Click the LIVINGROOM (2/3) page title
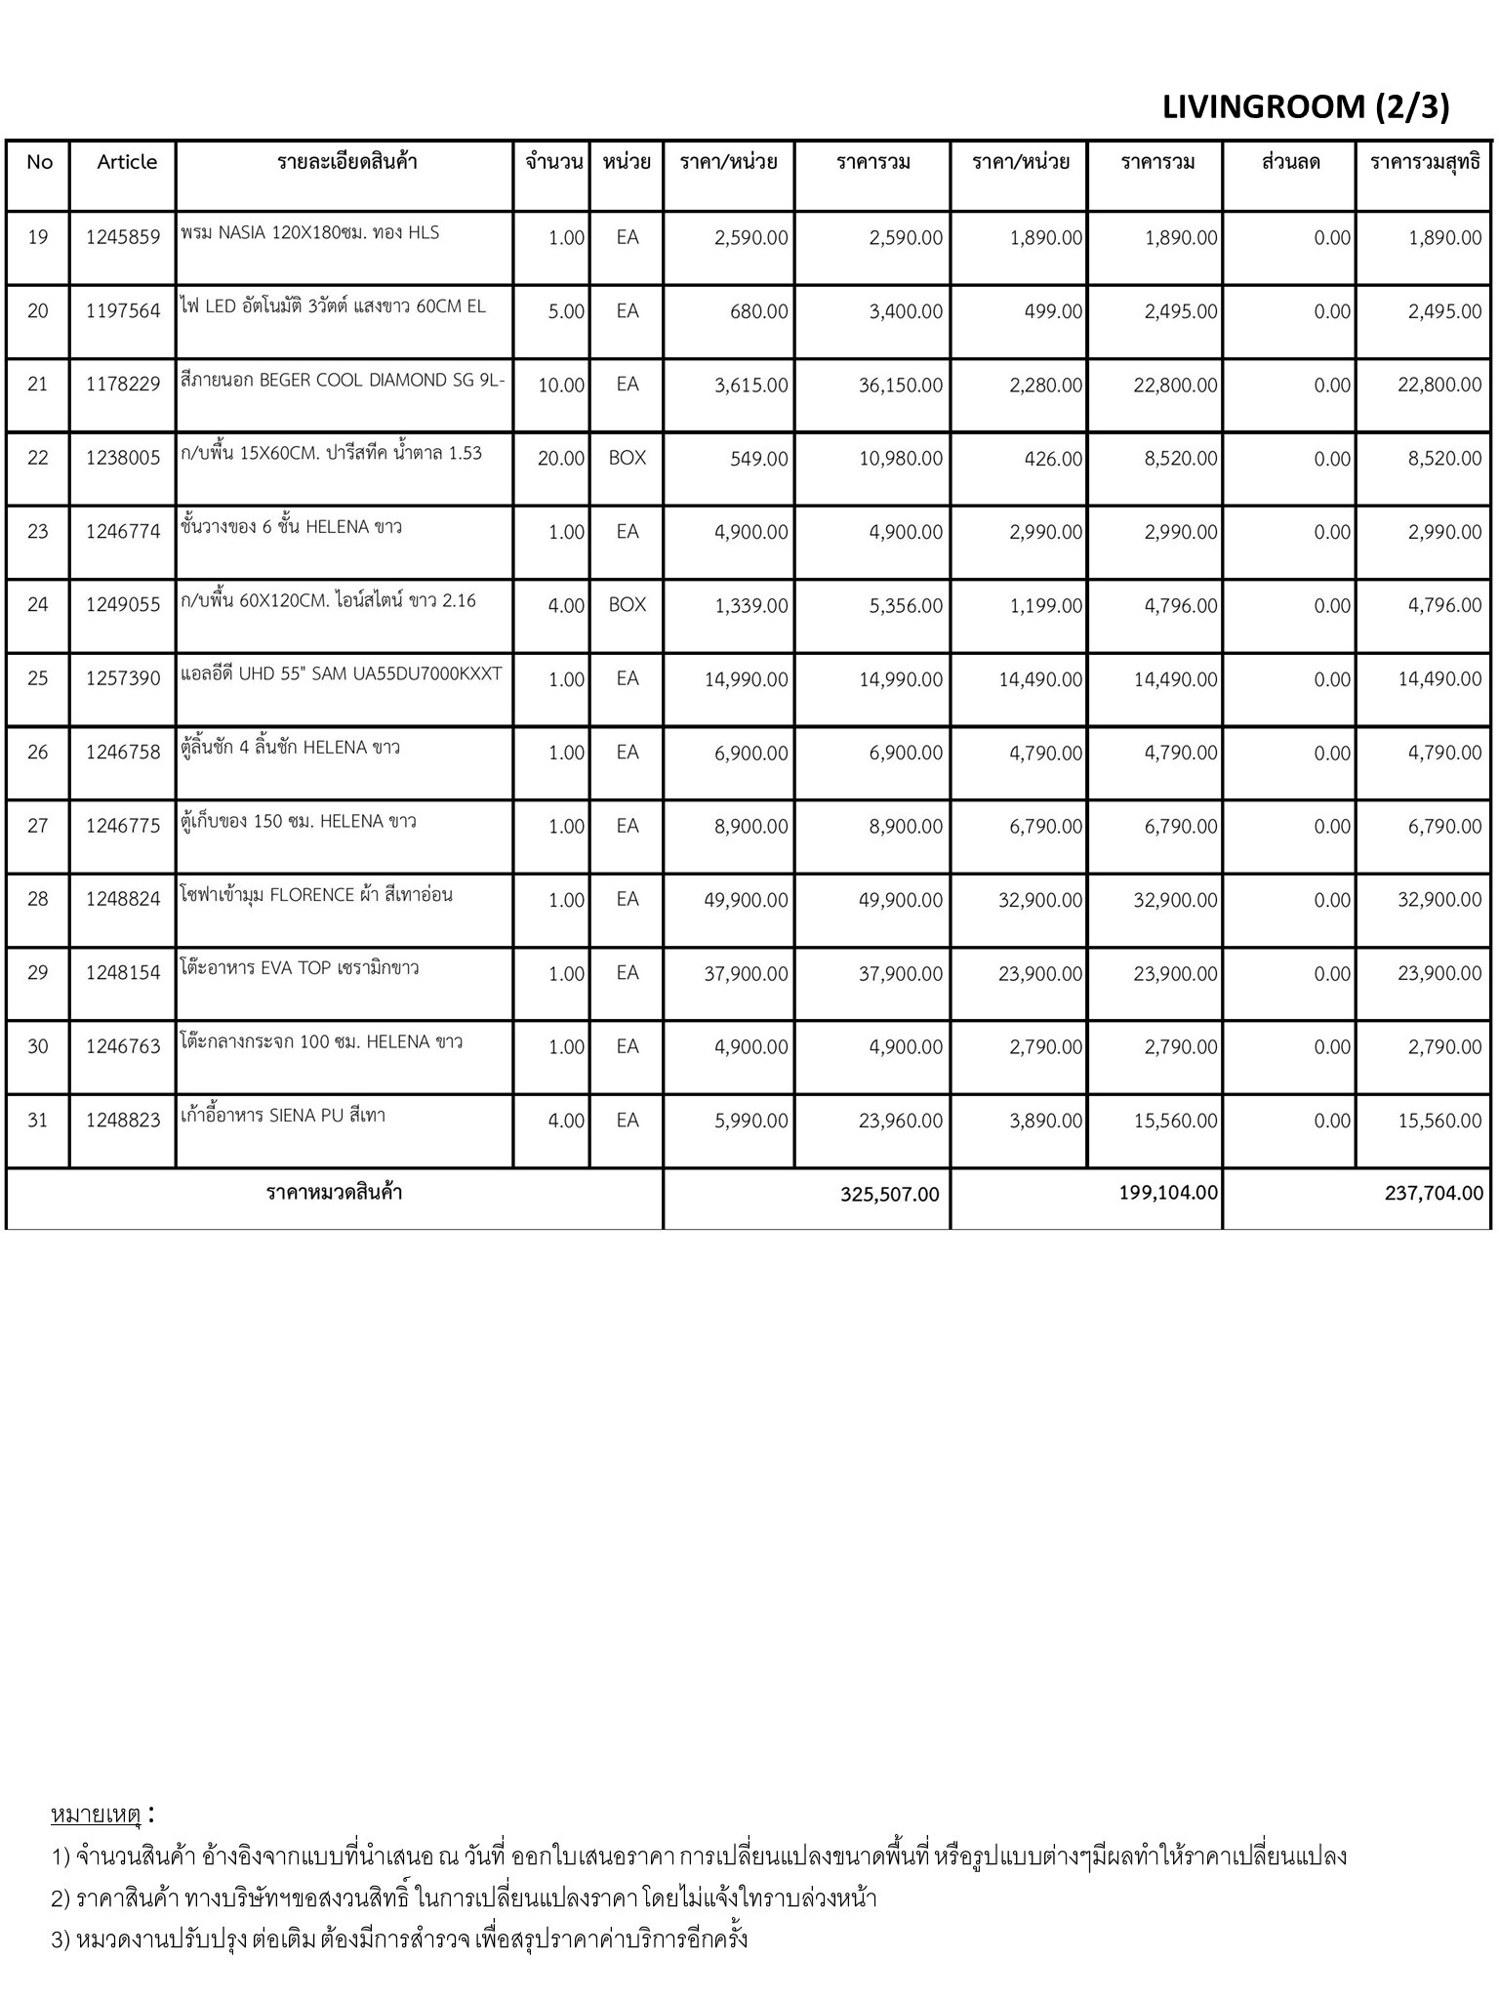[1305, 106]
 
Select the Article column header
[127, 162]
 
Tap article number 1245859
[123, 237]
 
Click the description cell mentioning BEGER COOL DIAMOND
[343, 381]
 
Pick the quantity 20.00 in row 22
[560, 459]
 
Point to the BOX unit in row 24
[627, 605]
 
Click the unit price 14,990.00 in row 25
[746, 679]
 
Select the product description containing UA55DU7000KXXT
[342, 674]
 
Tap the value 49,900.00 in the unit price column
[746, 900]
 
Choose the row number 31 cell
[38, 1121]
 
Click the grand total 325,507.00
[889, 1195]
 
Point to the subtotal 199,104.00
[1168, 1193]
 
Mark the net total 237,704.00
[1433, 1193]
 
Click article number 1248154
[123, 973]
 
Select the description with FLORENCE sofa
[316, 895]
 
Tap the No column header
[39, 162]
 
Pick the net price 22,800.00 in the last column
[1439, 386]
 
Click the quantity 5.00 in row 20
[566, 312]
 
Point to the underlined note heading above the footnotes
[97, 1815]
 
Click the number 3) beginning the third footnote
[61, 1939]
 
